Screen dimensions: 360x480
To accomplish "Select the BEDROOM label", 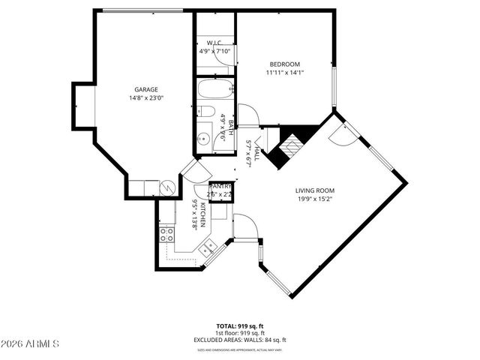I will [x=284, y=64].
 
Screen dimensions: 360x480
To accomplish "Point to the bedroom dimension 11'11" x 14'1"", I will [x=284, y=73].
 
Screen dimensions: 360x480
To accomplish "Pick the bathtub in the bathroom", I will [x=214, y=92].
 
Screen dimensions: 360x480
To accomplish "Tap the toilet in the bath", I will [x=207, y=113].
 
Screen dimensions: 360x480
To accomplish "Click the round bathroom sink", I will [x=203, y=137].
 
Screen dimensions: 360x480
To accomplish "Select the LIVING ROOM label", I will [x=314, y=190].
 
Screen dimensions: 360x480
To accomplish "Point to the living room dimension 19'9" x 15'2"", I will [x=314, y=199].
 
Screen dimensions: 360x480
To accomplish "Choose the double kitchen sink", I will [x=209, y=244].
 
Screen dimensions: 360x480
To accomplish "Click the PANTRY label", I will [x=220, y=186].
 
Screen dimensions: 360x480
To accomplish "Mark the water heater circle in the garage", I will [x=169, y=187].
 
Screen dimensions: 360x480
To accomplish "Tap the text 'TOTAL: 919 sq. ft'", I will [x=239, y=326].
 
